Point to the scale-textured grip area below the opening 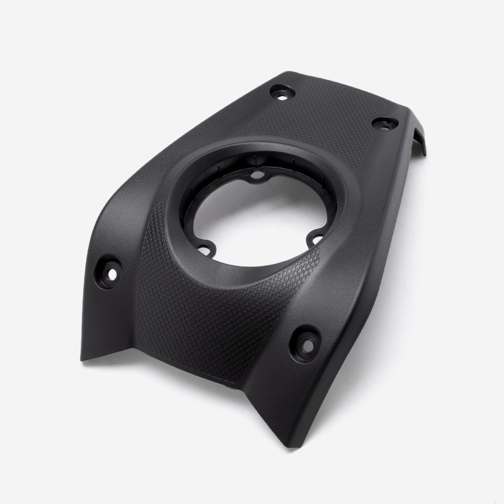pyautogui.click(x=212, y=323)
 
